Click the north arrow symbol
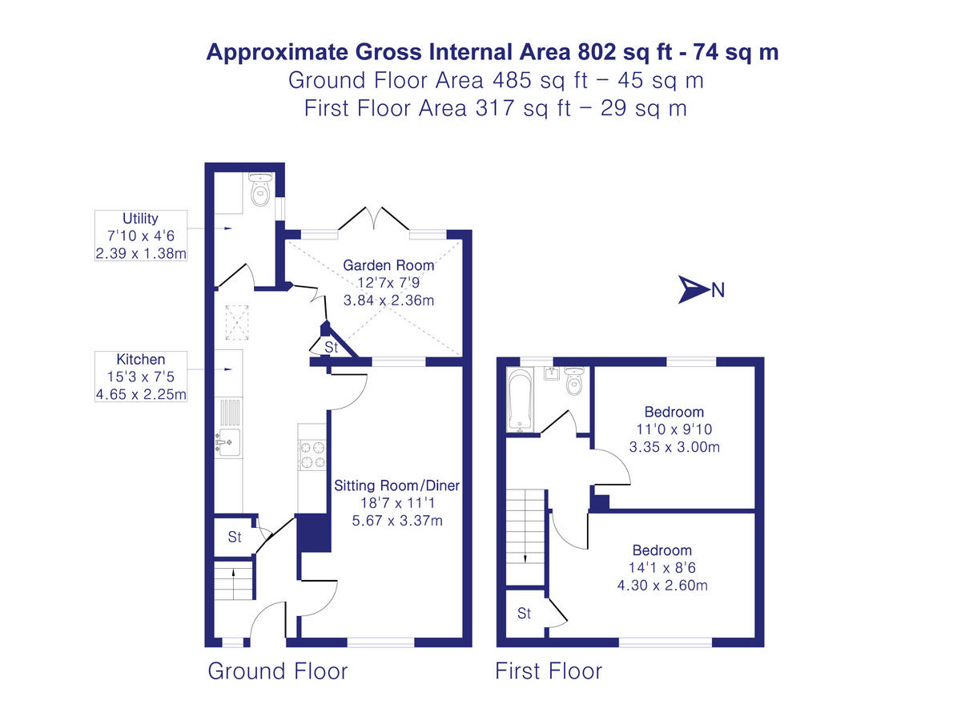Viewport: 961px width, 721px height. (691, 289)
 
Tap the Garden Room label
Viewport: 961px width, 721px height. (388, 265)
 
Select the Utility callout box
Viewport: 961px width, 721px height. (140, 236)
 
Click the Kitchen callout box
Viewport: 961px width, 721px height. (140, 377)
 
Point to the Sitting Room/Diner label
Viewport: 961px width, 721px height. (398, 485)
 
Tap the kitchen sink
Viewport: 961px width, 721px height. (228, 441)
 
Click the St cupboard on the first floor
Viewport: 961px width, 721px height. (525, 614)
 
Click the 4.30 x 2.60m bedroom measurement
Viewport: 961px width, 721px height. (662, 585)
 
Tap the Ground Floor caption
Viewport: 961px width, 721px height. (278, 671)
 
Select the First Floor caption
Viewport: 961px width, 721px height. (549, 671)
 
